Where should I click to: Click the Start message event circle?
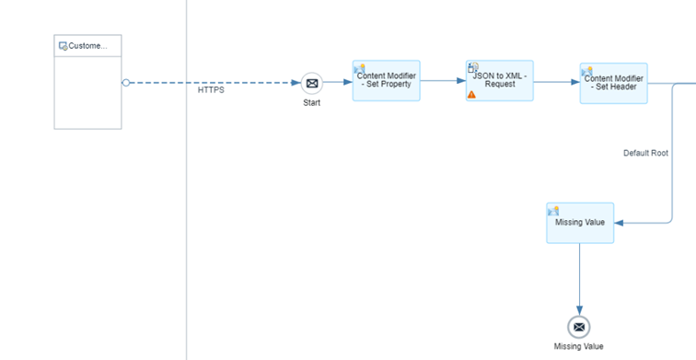(312, 83)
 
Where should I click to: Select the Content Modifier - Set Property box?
(386, 81)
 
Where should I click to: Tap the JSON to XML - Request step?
(499, 81)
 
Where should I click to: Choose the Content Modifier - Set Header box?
(613, 83)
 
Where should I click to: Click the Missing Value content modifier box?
(579, 223)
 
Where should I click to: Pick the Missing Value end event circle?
(579, 326)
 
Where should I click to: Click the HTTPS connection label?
(211, 90)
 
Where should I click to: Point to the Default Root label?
(645, 153)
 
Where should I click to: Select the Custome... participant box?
(87, 92)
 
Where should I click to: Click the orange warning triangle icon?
(472, 94)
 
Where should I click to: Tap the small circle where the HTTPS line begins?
(126, 83)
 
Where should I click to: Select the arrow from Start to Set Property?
(338, 83)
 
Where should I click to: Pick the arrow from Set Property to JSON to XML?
(443, 81)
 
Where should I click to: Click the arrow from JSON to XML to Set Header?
(556, 82)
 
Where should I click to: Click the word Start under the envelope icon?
(312, 103)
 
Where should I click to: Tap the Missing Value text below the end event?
(579, 346)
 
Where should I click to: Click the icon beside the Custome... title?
(63, 45)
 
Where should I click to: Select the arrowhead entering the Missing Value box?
(620, 223)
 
